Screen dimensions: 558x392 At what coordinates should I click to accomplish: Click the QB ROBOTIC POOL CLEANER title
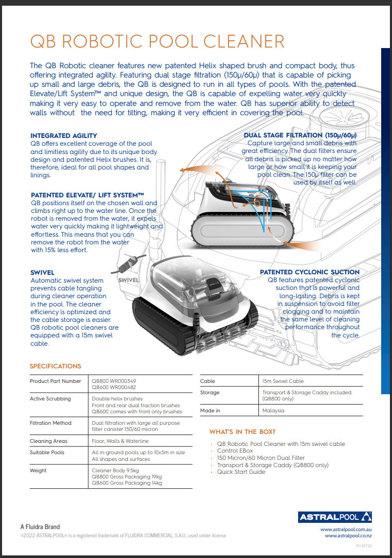157,42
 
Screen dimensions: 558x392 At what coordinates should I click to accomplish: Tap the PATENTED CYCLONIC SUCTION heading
309,272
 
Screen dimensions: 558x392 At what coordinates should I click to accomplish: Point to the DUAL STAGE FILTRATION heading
300,135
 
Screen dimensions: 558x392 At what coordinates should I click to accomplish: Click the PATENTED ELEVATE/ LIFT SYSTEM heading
87,195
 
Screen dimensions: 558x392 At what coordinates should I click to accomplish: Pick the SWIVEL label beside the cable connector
128,280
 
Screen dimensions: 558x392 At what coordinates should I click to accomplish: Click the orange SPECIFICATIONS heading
55,366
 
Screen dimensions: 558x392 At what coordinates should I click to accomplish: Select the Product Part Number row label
55,381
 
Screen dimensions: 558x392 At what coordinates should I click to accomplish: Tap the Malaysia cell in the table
273,411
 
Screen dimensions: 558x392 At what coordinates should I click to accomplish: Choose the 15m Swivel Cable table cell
283,381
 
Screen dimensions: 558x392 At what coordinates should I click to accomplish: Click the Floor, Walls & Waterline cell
120,441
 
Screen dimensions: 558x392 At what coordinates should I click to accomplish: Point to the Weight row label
38,471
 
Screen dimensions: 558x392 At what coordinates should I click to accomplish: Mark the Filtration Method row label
51,423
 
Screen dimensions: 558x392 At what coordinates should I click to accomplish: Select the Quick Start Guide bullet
241,472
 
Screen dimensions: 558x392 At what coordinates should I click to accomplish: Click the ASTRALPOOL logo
335,517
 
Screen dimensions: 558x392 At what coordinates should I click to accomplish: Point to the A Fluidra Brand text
40,527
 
